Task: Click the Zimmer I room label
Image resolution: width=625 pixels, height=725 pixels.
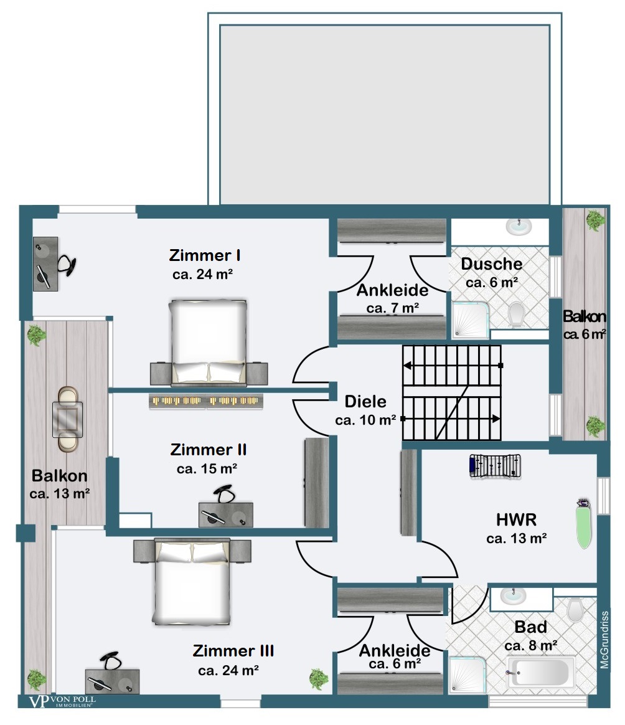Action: pyautogui.click(x=204, y=255)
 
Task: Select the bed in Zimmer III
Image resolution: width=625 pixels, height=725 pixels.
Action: pyautogui.click(x=192, y=582)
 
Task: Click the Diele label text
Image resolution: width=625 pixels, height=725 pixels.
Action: pyautogui.click(x=365, y=401)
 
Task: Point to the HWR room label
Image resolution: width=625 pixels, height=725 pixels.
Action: pyautogui.click(x=516, y=519)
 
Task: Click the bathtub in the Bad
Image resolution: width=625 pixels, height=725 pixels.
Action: pyautogui.click(x=541, y=673)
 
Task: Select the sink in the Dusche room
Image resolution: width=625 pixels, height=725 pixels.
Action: pyautogui.click(x=519, y=227)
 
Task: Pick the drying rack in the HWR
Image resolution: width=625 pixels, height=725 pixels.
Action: pyautogui.click(x=495, y=466)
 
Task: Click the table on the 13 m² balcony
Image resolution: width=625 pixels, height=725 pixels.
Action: pyautogui.click(x=67, y=419)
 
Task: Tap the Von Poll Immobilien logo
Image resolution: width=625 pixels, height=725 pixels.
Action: pyautogui.click(x=62, y=701)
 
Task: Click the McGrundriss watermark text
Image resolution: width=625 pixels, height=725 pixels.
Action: pyautogui.click(x=604, y=640)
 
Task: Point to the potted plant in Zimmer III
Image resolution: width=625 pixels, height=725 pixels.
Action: pyautogui.click(x=319, y=680)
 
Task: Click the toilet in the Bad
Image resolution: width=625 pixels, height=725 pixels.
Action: pyautogui.click(x=575, y=610)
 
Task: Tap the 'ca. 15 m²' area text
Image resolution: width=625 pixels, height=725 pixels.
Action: pyautogui.click(x=207, y=469)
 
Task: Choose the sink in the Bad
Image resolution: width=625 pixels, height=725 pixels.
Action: pyautogui.click(x=513, y=596)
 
